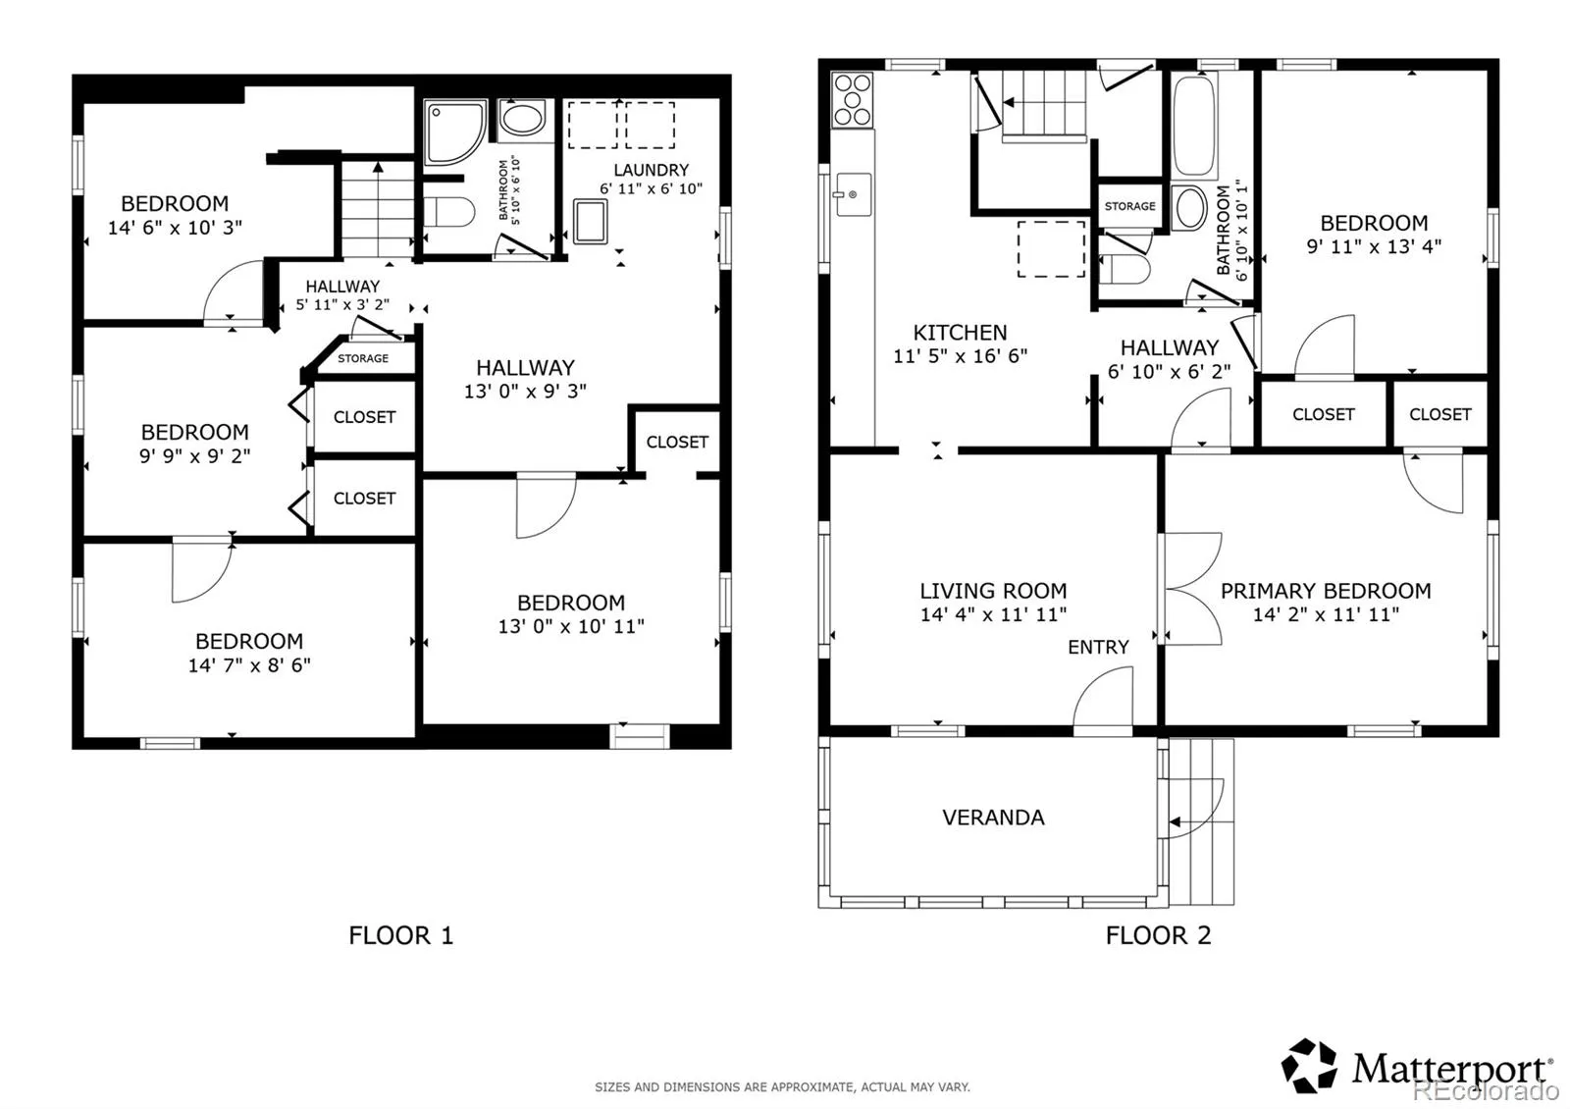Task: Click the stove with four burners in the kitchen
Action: (x=853, y=99)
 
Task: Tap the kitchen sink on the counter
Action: (x=853, y=194)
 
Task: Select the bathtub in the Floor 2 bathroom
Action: (x=1194, y=126)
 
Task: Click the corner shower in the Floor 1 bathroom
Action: (x=455, y=132)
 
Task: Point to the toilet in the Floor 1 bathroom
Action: (x=448, y=212)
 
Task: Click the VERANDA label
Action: (x=993, y=818)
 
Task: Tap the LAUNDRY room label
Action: (x=652, y=170)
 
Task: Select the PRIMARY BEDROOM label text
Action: (x=1326, y=591)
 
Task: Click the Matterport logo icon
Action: (x=1309, y=1066)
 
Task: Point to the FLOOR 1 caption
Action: (x=401, y=935)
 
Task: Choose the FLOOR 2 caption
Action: (x=1159, y=935)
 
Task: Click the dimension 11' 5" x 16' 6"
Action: (x=961, y=356)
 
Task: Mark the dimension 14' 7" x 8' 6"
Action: (x=249, y=665)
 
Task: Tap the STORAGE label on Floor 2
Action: (x=1129, y=206)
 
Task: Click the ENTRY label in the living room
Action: (x=1098, y=647)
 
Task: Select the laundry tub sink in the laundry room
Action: (x=590, y=222)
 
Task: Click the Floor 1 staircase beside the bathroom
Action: (x=378, y=209)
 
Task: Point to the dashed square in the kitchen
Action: (x=1051, y=249)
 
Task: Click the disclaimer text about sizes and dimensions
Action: (x=782, y=1087)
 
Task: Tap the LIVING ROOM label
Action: (x=993, y=591)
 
